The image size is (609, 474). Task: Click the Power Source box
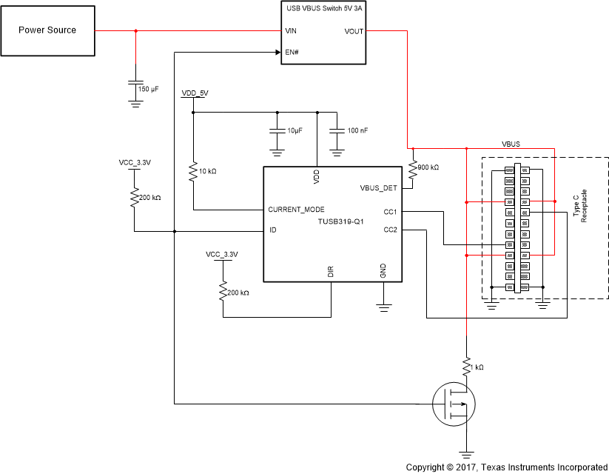pyautogui.click(x=49, y=30)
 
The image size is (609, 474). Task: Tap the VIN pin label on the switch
pyautogui.click(x=291, y=31)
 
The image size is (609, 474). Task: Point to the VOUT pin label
pyautogui.click(x=354, y=31)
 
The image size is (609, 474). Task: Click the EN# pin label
pyautogui.click(x=292, y=53)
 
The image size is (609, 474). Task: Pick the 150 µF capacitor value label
pyautogui.click(x=149, y=89)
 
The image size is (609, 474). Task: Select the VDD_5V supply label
pyautogui.click(x=195, y=94)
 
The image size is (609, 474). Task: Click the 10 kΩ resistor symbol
pyautogui.click(x=193, y=172)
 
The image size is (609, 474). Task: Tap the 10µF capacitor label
pyautogui.click(x=295, y=130)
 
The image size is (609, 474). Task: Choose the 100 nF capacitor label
pyautogui.click(x=357, y=130)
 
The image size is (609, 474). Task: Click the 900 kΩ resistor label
pyautogui.click(x=429, y=167)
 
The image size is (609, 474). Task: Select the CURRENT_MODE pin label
pyautogui.click(x=296, y=210)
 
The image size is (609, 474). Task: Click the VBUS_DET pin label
pyautogui.click(x=379, y=187)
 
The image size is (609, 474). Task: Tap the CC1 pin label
pyautogui.click(x=391, y=212)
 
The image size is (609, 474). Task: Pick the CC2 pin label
pyautogui.click(x=391, y=230)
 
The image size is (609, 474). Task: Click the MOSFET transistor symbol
pyautogui.click(x=454, y=404)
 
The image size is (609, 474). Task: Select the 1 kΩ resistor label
pyautogui.click(x=480, y=368)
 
